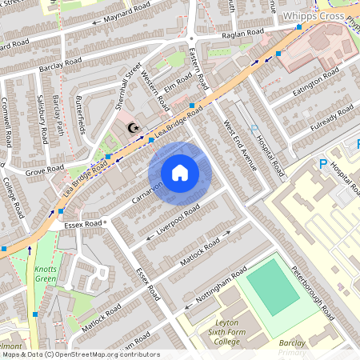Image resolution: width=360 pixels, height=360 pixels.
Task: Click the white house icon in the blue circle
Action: tap(180, 173)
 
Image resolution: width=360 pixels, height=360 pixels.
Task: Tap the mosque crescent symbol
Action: tap(134, 127)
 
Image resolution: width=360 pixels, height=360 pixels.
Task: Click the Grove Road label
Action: tap(44, 170)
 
